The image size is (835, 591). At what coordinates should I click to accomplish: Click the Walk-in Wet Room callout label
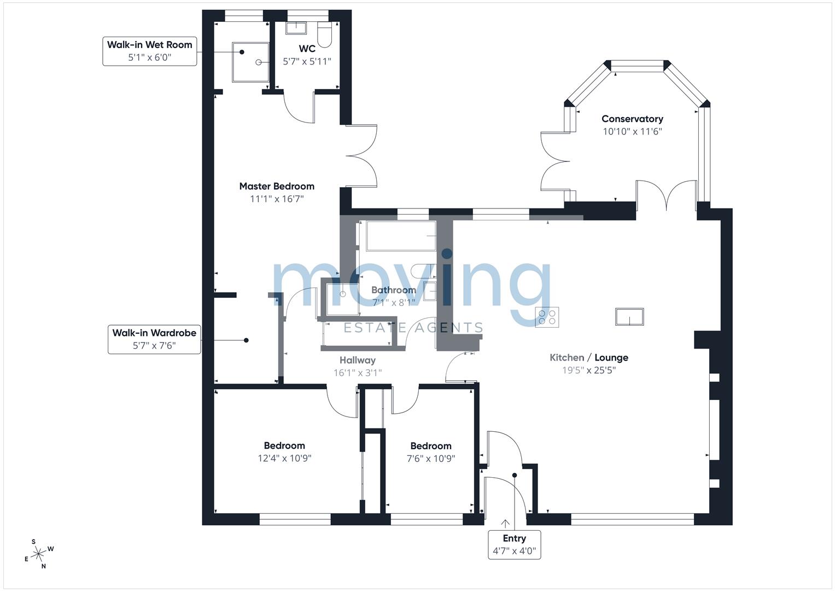pyautogui.click(x=149, y=51)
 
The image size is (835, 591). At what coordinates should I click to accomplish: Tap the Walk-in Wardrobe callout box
pyautogui.click(x=154, y=339)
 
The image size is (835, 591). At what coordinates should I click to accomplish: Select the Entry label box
pyautogui.click(x=515, y=544)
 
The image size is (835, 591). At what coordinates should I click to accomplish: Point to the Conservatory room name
pyautogui.click(x=632, y=119)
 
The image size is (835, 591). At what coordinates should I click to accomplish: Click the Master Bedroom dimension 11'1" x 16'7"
pyautogui.click(x=277, y=199)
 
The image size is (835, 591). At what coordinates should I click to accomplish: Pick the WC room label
pyautogui.click(x=307, y=49)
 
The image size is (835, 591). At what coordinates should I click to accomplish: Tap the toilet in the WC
pyautogui.click(x=324, y=34)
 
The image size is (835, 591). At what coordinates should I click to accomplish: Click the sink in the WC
pyautogui.click(x=296, y=27)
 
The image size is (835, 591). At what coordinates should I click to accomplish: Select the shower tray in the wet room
pyautogui.click(x=250, y=62)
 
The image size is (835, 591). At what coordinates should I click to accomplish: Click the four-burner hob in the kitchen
pyautogui.click(x=547, y=317)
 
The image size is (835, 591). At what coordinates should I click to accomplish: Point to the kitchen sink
pyautogui.click(x=629, y=316)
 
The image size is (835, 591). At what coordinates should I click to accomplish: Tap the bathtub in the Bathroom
pyautogui.click(x=401, y=236)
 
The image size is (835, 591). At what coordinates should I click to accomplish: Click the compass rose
pyautogui.click(x=39, y=554)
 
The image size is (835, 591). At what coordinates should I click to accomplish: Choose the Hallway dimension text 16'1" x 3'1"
pyautogui.click(x=358, y=373)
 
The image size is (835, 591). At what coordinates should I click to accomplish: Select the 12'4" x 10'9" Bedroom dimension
pyautogui.click(x=284, y=458)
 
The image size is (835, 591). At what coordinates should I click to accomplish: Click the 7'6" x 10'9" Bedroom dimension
pyautogui.click(x=431, y=459)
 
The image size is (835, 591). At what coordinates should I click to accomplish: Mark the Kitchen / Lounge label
pyautogui.click(x=589, y=357)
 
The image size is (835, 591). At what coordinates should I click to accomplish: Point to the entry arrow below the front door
pyautogui.click(x=505, y=524)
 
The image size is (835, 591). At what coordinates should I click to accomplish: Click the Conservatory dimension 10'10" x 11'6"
pyautogui.click(x=633, y=131)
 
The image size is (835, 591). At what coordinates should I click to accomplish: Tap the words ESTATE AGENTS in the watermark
pyautogui.click(x=413, y=328)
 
